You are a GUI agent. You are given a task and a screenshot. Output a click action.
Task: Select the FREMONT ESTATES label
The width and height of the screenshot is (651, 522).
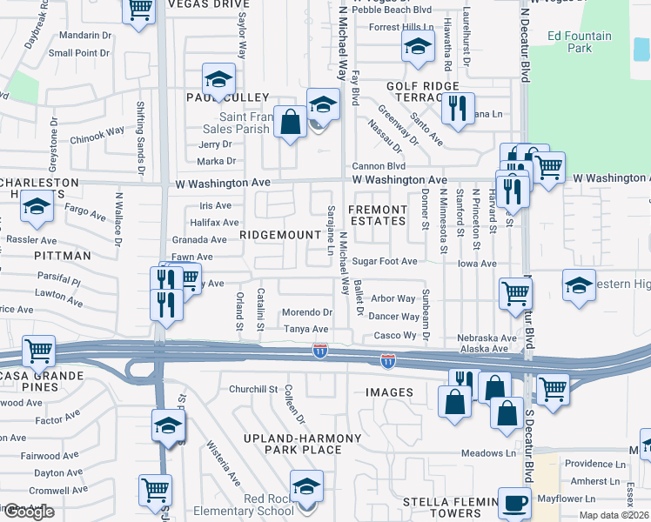click(x=378, y=215)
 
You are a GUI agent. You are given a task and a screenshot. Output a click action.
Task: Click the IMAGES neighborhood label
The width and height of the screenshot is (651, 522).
click(x=389, y=392)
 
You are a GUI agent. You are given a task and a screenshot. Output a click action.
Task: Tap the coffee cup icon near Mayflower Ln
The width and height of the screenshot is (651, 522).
click(x=513, y=502)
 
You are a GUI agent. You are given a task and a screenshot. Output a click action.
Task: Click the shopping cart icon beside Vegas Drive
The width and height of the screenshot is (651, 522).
click(x=140, y=12)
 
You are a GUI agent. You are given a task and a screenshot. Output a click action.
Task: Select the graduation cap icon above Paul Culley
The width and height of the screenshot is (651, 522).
click(x=218, y=80)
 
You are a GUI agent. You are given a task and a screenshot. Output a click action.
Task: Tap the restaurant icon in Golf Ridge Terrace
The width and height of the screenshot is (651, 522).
click(x=457, y=108)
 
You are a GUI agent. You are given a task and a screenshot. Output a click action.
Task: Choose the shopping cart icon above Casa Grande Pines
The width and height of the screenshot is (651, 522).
click(x=39, y=351)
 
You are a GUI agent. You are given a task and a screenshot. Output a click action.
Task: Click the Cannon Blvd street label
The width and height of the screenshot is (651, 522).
click(x=379, y=166)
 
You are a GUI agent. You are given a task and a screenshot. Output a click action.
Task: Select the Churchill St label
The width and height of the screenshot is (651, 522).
click(x=252, y=389)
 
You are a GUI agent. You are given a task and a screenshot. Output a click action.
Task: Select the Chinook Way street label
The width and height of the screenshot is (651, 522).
click(x=97, y=134)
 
